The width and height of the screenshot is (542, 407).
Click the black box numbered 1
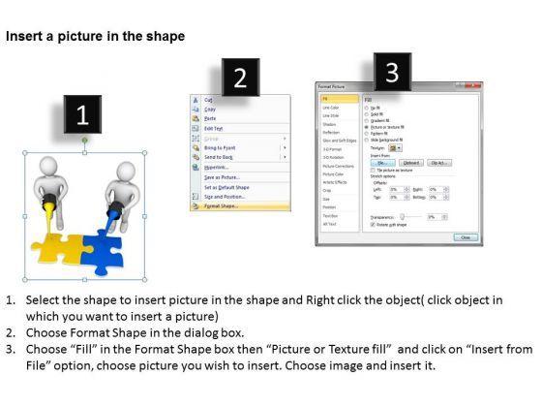(x=82, y=116)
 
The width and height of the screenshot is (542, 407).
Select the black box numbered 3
(x=391, y=72)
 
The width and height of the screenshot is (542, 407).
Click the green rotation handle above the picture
(x=84, y=142)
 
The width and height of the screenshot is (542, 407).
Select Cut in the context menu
(x=209, y=99)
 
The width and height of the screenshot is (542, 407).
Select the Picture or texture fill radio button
(x=366, y=126)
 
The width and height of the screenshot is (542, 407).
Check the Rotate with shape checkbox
(x=366, y=224)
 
